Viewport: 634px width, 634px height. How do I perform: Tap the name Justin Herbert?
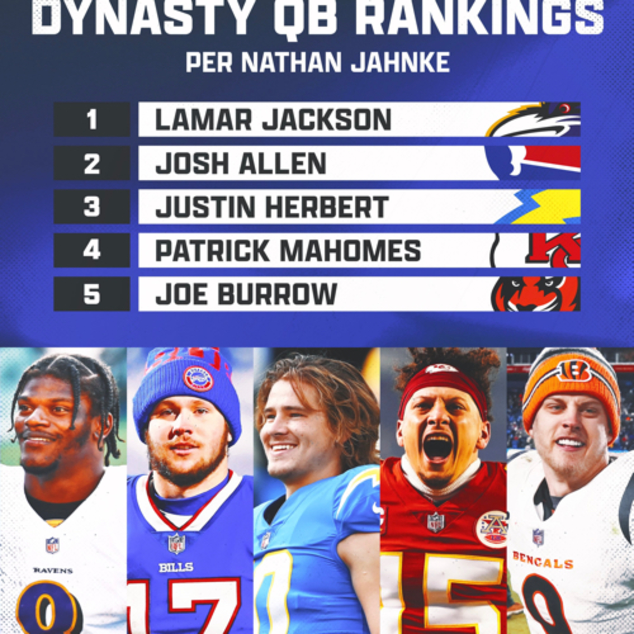pyautogui.click(x=272, y=207)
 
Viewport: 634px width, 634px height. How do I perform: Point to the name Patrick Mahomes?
pyautogui.click(x=288, y=250)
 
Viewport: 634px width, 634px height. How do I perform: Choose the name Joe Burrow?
pyautogui.click(x=246, y=294)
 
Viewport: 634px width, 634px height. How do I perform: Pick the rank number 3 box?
pyautogui.click(x=92, y=207)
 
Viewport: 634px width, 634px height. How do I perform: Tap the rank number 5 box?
pyautogui.click(x=92, y=294)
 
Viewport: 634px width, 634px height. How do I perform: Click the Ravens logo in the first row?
pyautogui.click(x=533, y=119)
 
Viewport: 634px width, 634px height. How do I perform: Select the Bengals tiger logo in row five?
pyautogui.click(x=537, y=294)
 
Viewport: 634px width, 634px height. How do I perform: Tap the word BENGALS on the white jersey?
pyautogui.click(x=543, y=560)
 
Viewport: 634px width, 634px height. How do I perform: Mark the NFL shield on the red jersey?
pyautogui.click(x=436, y=522)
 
